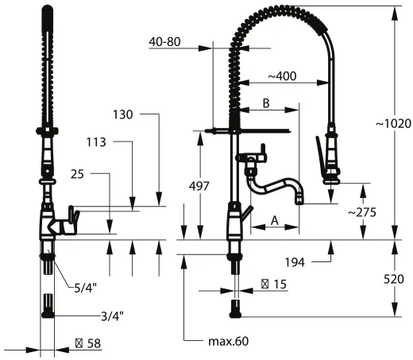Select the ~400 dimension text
point(283,76)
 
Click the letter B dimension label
point(267,104)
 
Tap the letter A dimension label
point(274,220)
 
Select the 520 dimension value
point(394,279)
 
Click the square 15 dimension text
point(275,283)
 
